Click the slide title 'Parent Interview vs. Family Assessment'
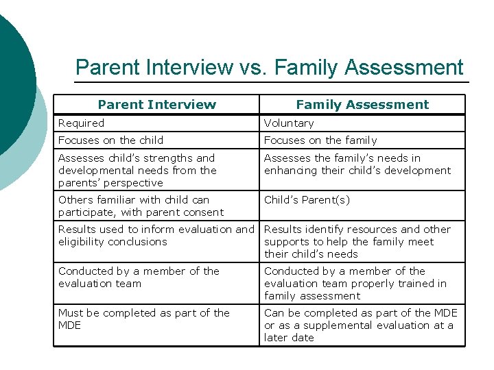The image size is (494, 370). [x=269, y=67]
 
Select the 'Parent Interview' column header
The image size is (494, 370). [x=156, y=105]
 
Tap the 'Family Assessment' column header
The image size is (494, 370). [x=362, y=105]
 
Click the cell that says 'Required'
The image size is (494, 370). [x=82, y=123]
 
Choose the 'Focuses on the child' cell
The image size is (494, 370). [x=110, y=140]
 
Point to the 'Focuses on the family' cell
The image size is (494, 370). [x=320, y=140]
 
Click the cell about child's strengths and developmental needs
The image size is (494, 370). [x=137, y=171]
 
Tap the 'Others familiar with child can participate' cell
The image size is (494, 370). [x=141, y=206]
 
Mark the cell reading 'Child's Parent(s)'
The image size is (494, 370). [x=307, y=200]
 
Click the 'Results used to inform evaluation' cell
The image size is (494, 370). [x=156, y=236]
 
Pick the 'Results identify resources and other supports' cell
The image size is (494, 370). [x=357, y=242]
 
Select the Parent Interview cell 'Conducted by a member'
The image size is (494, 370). [x=139, y=277]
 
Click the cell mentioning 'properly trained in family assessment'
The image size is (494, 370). [x=355, y=284]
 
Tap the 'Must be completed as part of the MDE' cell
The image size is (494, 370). [x=143, y=319]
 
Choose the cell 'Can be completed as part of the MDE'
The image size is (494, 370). [x=360, y=325]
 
